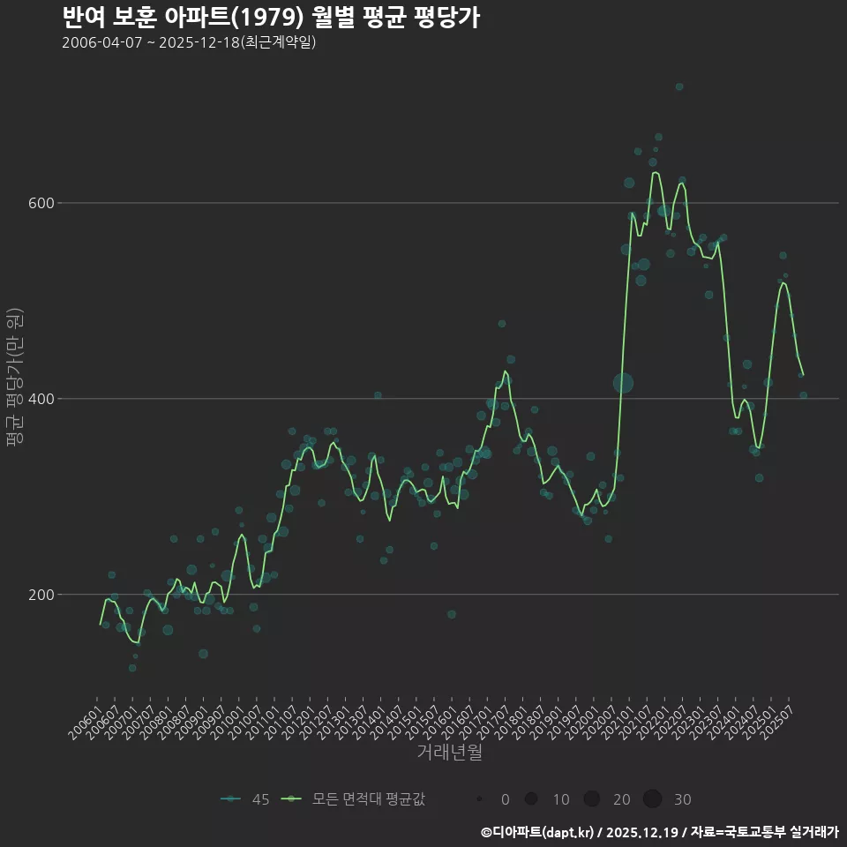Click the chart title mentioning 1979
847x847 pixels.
(x=272, y=17)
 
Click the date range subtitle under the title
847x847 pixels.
(x=189, y=43)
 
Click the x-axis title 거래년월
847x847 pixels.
(x=449, y=753)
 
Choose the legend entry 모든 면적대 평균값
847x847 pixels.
(x=353, y=799)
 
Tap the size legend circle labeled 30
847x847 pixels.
(x=652, y=799)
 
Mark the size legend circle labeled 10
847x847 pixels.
(x=531, y=799)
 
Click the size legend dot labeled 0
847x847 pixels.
(x=478, y=799)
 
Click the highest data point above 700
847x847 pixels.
(x=679, y=86)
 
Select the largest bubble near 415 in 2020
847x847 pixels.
(x=624, y=383)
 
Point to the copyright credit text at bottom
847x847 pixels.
(x=659, y=831)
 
